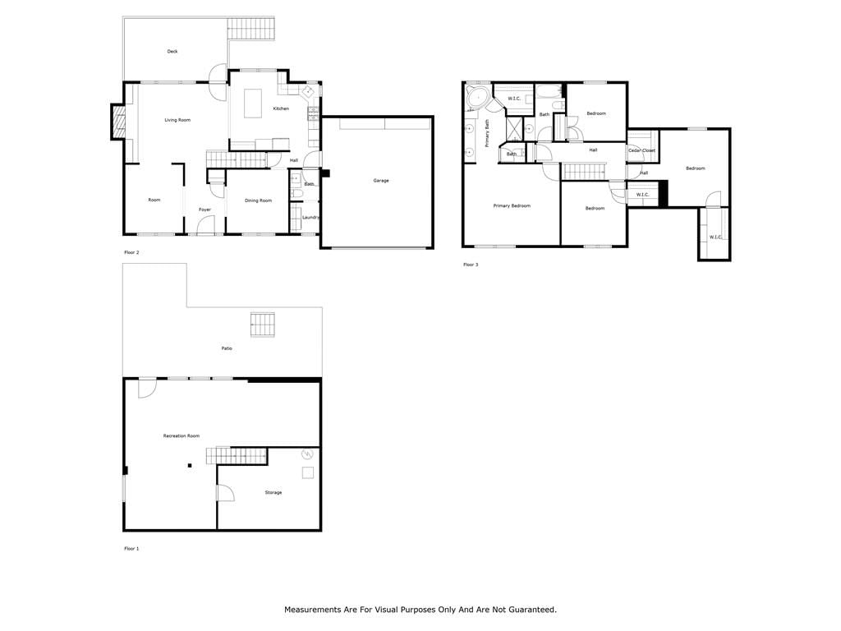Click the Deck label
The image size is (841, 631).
click(172, 52)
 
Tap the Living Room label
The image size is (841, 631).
click(177, 120)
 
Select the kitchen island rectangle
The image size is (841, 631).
click(253, 103)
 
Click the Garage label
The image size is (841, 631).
click(381, 181)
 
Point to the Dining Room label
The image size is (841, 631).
click(258, 200)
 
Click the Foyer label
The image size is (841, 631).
click(205, 210)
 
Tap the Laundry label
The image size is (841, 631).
click(310, 217)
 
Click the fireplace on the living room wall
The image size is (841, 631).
click(118, 122)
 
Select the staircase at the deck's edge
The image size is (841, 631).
click(251, 29)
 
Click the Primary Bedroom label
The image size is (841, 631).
click(512, 206)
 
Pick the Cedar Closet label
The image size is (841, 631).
click(642, 151)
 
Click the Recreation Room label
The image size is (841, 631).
click(182, 436)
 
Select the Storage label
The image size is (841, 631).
click(273, 493)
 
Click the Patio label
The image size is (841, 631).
click(227, 348)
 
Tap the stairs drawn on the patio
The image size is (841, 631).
click(262, 325)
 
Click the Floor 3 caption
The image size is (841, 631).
click(471, 265)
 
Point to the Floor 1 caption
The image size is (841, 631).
click(131, 549)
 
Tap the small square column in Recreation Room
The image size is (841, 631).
click(190, 466)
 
